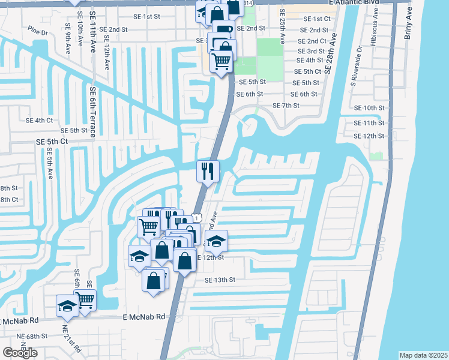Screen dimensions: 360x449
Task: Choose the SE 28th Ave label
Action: coord(328,54)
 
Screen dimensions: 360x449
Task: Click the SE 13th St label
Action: coord(220,280)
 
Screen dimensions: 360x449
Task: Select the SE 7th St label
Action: coord(286,106)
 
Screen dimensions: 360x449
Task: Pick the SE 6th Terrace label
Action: coord(93,112)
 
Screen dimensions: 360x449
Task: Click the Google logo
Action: coord(20,353)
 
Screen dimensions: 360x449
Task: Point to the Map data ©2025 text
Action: coord(423,355)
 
